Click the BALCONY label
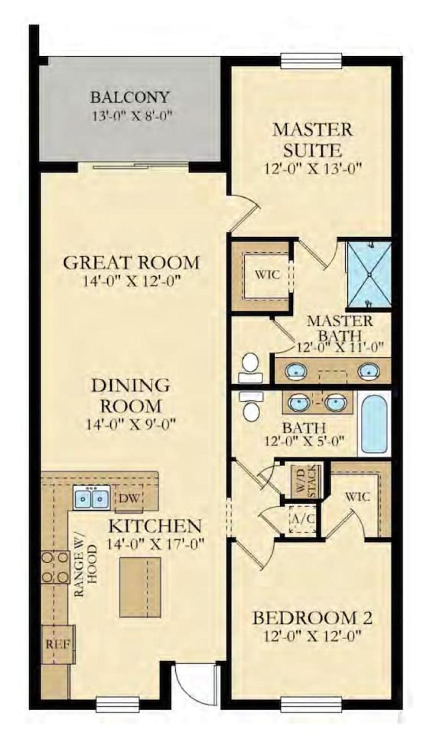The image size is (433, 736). click(x=129, y=98)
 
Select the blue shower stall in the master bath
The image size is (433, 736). click(x=368, y=275)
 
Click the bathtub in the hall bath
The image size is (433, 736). click(x=374, y=424)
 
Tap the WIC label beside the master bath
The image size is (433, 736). click(x=267, y=275)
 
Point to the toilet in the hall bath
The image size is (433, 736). click(x=251, y=405)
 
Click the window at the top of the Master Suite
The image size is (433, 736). click(x=311, y=60)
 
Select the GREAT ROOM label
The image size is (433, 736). click(x=131, y=263)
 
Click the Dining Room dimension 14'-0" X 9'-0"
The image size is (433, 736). click(x=131, y=424)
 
